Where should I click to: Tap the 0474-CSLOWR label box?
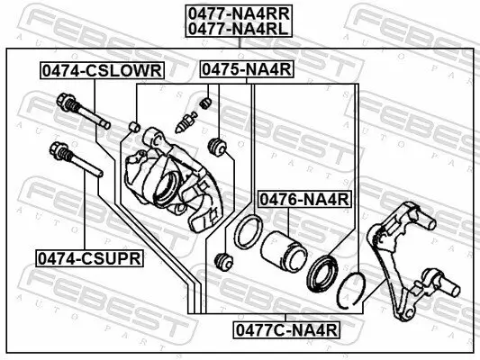[99, 70]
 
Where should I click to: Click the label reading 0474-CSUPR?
[89, 258]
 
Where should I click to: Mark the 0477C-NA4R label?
[286, 329]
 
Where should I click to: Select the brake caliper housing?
[171, 180]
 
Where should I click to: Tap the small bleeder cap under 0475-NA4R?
[205, 101]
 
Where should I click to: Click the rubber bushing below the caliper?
[226, 262]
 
